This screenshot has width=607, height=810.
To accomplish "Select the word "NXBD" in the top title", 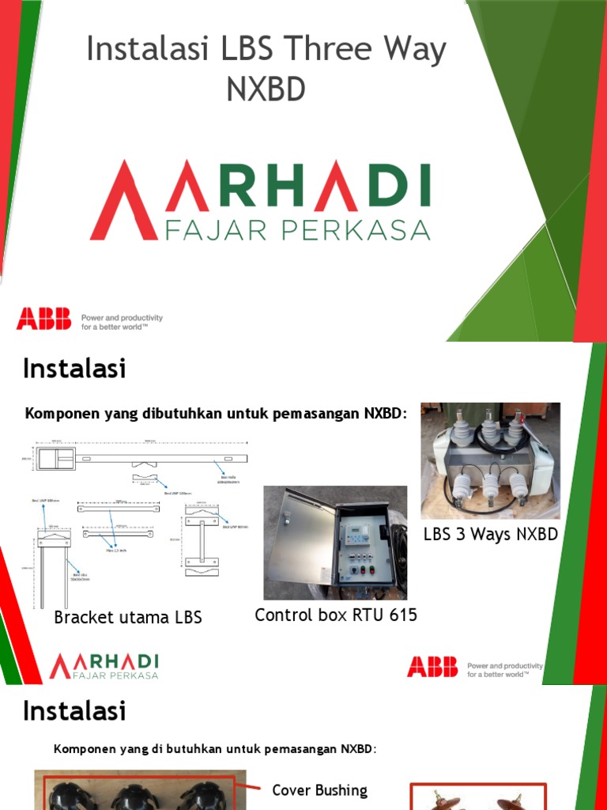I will click(x=266, y=89).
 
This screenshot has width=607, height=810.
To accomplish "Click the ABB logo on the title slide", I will click(x=43, y=319).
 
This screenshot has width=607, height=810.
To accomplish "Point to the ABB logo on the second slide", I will click(x=432, y=667).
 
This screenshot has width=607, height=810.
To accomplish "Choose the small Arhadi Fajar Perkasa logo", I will click(x=104, y=666).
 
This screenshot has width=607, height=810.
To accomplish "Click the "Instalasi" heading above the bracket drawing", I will click(x=74, y=369).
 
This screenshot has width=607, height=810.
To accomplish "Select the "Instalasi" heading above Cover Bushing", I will click(x=74, y=710).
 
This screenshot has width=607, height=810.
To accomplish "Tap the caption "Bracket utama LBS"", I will click(x=128, y=618).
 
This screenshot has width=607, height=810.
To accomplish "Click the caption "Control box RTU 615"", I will click(x=336, y=615).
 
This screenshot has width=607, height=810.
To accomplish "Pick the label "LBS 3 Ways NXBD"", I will click(x=490, y=534).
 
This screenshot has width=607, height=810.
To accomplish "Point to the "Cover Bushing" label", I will click(x=319, y=790).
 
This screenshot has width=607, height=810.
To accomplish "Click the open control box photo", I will click(x=336, y=543).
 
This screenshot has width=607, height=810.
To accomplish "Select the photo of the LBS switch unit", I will click(x=490, y=460).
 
